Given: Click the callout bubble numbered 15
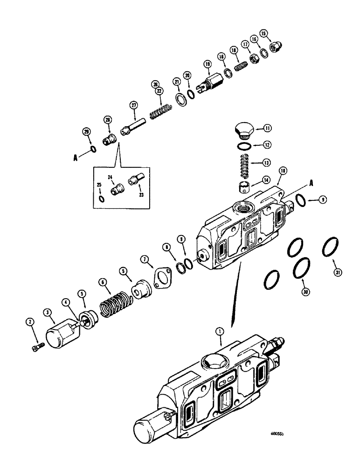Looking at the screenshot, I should (x=264, y=33).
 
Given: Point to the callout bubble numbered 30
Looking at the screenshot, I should (x=305, y=292).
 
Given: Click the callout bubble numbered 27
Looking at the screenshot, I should (x=134, y=105).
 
